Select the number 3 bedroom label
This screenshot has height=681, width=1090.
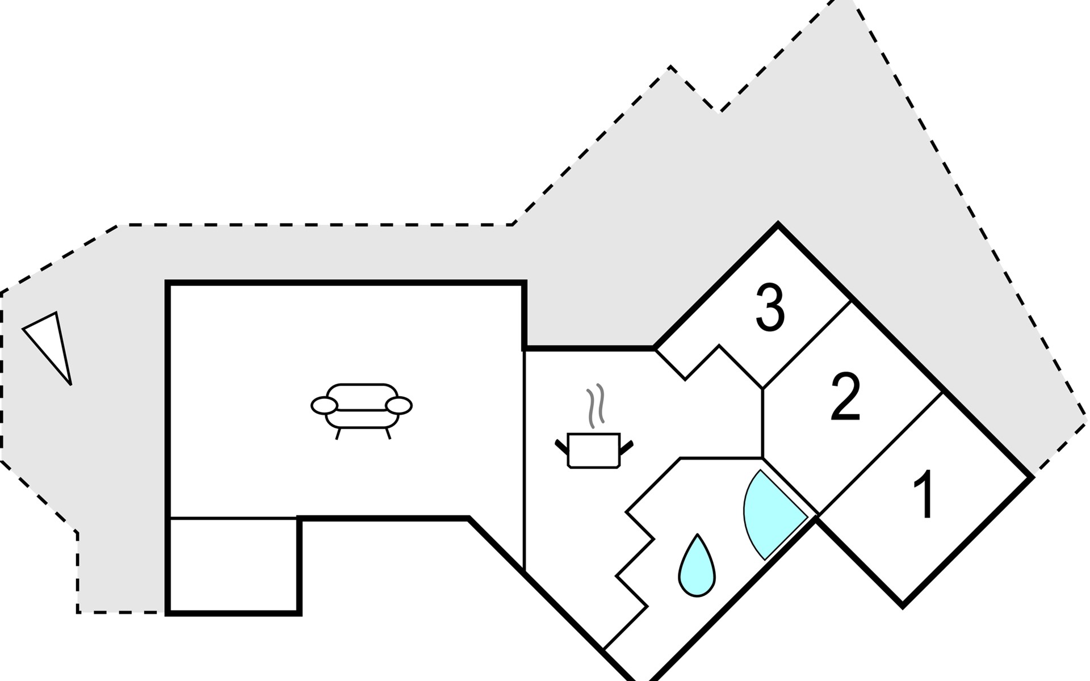770,309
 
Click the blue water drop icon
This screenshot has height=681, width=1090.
697,567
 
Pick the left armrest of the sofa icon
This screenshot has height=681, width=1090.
324,405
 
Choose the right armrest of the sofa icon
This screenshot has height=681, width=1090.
399,405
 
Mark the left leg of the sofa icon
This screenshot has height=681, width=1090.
338,434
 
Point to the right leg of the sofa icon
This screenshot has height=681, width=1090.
388,434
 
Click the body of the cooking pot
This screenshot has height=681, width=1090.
594,452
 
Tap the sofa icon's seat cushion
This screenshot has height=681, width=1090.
361,417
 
